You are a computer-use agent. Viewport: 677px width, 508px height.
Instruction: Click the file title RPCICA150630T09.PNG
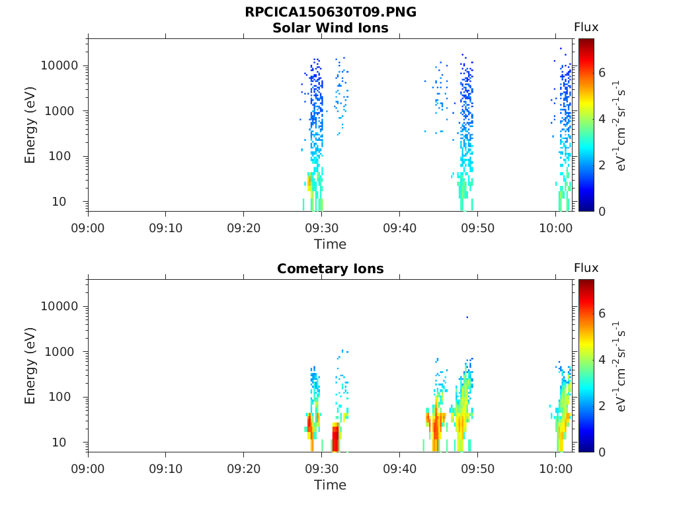pyautogui.click(x=330, y=12)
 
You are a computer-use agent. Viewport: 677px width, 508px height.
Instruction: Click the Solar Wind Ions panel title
pyautogui.click(x=330, y=28)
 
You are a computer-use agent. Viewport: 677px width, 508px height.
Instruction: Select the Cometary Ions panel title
pyautogui.click(x=330, y=269)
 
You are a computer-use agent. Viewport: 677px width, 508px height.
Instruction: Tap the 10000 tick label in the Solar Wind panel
pyautogui.click(x=60, y=66)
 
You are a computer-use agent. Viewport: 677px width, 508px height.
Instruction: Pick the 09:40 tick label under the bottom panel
pyautogui.click(x=399, y=469)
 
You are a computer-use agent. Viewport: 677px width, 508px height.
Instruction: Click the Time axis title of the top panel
pyautogui.click(x=330, y=244)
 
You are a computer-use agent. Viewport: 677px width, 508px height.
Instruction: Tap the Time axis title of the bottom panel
pyautogui.click(x=330, y=485)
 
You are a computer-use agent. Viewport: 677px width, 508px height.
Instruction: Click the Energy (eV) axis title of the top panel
pyautogui.click(x=30, y=125)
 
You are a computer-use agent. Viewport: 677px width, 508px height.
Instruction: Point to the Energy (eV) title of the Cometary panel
pyautogui.click(x=30, y=366)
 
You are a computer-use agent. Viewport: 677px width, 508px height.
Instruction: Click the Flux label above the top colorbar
pyautogui.click(x=586, y=27)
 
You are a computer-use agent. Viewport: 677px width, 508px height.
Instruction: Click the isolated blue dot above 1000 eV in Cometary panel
pyautogui.click(x=467, y=317)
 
